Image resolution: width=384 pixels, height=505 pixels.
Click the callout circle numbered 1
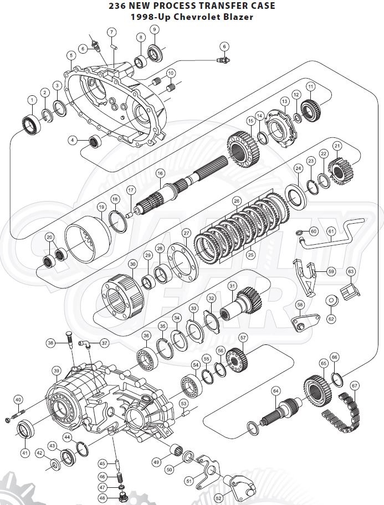pos(32,100)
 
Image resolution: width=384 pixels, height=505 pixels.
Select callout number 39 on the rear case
pos(57,371)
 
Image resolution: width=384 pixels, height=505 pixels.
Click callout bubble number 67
pos(354,385)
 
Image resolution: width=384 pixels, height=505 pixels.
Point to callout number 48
pos(102,498)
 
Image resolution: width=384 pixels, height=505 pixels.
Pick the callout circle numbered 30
pos(133,264)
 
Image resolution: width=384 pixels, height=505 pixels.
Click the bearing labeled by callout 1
pos(31,125)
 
